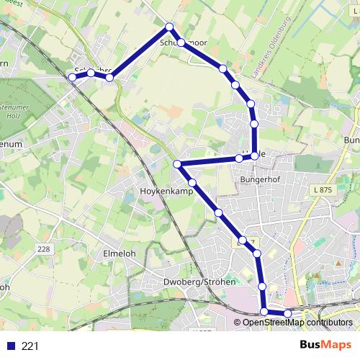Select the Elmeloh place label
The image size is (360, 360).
(x=120, y=253)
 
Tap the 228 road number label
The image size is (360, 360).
(x=44, y=248)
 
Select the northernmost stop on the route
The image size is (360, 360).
(x=170, y=27)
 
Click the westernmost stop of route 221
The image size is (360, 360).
(x=72, y=77)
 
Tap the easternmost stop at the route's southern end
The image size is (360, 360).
(x=288, y=313)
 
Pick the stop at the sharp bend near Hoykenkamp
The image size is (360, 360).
(x=177, y=164)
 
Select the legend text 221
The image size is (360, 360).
(x=30, y=346)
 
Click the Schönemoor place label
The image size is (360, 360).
(x=186, y=43)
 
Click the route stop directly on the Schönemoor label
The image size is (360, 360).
(x=181, y=42)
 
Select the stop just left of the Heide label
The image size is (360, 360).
(x=239, y=158)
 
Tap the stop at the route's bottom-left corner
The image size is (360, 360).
(x=264, y=311)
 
